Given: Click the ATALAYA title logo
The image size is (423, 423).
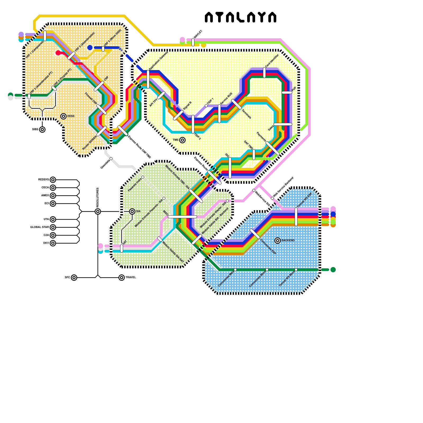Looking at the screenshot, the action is coord(241,17).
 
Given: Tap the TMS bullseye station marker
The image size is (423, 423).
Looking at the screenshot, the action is coord(182,140).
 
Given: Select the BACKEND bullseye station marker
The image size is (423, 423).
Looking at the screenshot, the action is coord(278,240).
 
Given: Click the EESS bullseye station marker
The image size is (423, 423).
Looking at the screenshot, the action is coord(63,116).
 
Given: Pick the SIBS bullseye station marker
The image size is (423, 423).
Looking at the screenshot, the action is coord(42,130).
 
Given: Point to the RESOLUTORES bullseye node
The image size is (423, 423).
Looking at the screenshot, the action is coord(98,212).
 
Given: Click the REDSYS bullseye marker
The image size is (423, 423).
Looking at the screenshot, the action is coord(53,180).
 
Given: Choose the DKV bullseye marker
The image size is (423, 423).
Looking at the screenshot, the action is coord(53,243).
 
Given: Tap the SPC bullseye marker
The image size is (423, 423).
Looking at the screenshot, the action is coord(74,278).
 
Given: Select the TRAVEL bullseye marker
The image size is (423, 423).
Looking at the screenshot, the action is coord(122,278).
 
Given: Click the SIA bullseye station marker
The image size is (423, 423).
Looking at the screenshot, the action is coord(132,212).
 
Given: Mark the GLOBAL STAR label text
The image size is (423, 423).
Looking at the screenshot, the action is coord(39,227).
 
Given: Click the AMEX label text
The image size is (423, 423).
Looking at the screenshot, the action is coord(45,196).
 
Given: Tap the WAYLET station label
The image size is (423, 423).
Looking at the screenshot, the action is coord(198,34).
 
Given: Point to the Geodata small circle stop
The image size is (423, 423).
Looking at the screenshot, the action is coord(111,159).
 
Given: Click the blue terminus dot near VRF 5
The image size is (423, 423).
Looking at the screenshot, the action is coord(90,48).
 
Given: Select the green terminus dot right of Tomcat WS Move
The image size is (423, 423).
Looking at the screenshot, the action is coord(333,270).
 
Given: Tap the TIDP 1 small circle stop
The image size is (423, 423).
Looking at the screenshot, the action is coord(206,106).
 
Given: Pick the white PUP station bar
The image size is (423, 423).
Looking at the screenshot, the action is coord(287,93).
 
